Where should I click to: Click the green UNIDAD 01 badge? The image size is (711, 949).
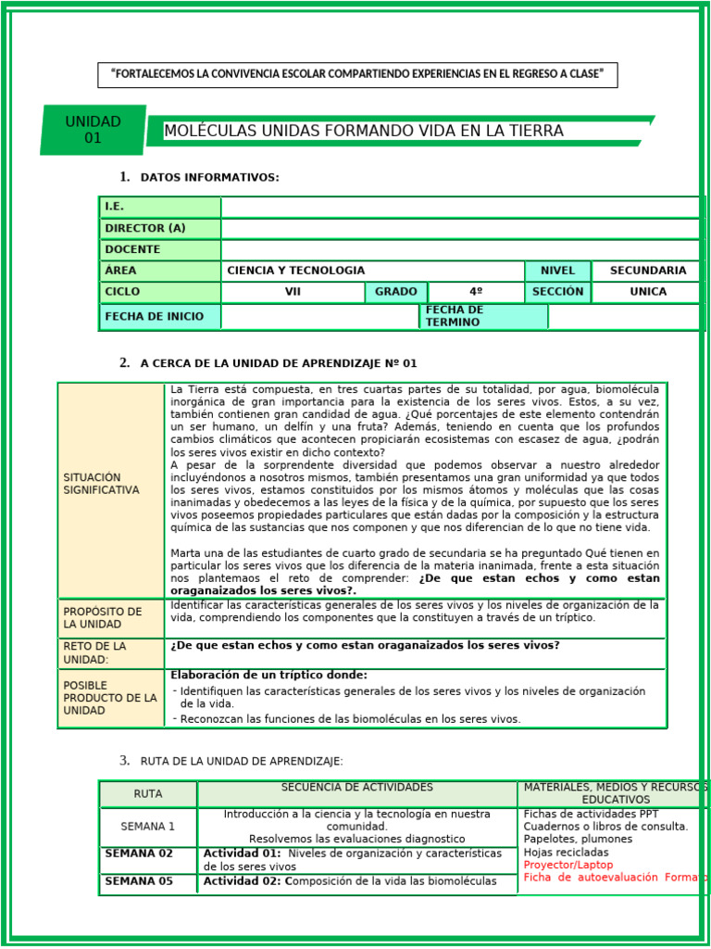point(93,130)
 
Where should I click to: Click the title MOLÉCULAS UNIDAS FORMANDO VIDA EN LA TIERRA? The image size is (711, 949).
point(363,131)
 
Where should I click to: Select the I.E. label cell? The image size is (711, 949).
point(159,207)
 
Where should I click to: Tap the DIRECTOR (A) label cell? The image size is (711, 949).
point(159,228)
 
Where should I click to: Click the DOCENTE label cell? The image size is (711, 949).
point(159,249)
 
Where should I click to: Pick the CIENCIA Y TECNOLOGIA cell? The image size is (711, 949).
point(372,271)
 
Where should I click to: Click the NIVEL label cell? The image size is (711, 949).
point(557,271)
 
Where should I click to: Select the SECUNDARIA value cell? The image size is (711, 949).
point(647,271)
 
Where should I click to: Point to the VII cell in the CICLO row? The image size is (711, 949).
point(293,292)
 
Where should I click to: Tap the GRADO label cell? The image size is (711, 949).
point(396,292)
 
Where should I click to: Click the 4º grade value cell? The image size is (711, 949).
point(476,292)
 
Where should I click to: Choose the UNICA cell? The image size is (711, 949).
point(647,292)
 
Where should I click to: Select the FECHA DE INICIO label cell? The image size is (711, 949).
point(159,316)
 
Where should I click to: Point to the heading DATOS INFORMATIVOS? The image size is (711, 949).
point(209,178)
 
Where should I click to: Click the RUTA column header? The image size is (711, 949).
point(147,794)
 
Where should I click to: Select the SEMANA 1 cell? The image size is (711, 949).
point(147,826)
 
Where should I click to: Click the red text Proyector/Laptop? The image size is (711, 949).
point(555,865)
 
